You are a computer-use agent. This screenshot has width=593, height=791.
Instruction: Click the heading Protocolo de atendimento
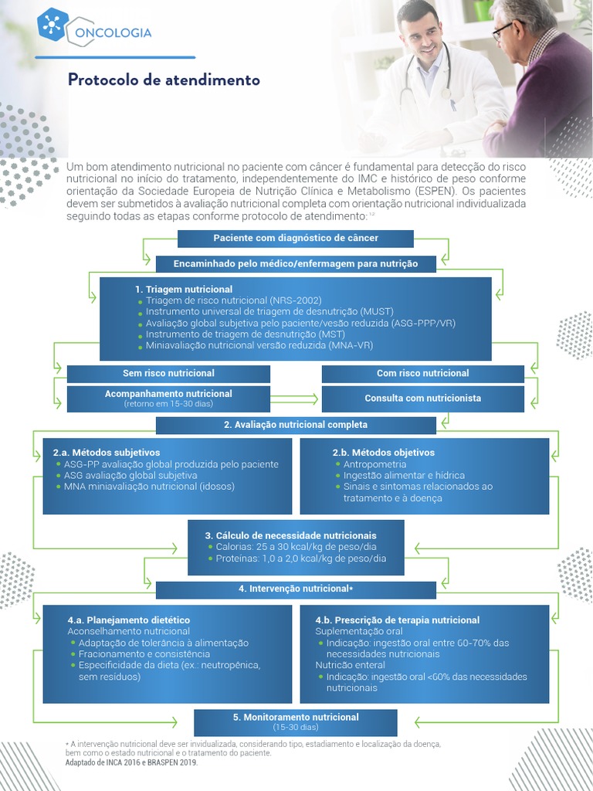tap(164, 80)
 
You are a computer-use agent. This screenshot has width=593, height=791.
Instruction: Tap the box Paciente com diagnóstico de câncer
tap(295, 238)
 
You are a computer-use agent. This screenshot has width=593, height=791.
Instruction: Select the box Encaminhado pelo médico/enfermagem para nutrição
tap(296, 263)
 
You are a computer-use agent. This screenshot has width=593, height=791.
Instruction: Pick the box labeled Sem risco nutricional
tap(168, 373)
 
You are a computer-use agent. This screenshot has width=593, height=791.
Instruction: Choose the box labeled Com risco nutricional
tap(422, 373)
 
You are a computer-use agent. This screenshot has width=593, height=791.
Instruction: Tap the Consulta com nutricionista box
tap(422, 399)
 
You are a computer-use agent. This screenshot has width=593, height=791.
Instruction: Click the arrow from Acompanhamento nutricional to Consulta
tap(295, 399)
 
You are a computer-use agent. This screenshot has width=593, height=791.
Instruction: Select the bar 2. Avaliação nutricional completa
tap(295, 425)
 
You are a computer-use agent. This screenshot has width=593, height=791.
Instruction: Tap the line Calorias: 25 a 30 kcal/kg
tap(296, 547)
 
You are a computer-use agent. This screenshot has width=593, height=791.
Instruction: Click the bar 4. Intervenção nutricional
tap(295, 589)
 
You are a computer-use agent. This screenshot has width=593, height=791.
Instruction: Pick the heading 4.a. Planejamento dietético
tap(128, 620)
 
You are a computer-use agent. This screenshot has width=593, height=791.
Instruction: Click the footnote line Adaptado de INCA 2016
tap(132, 762)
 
